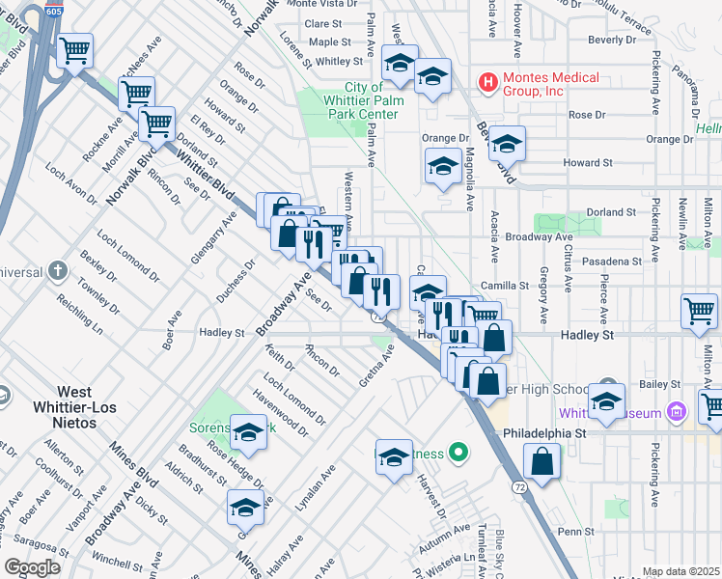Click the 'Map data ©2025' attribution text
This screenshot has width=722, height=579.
point(680,571)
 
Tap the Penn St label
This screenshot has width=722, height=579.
point(574,531)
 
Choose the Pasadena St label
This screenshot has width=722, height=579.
point(611,262)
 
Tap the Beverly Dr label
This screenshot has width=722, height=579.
point(612,40)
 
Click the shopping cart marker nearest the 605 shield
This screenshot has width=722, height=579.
point(74,50)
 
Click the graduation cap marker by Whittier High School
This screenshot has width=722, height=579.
point(607,403)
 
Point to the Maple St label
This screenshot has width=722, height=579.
point(329,42)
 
